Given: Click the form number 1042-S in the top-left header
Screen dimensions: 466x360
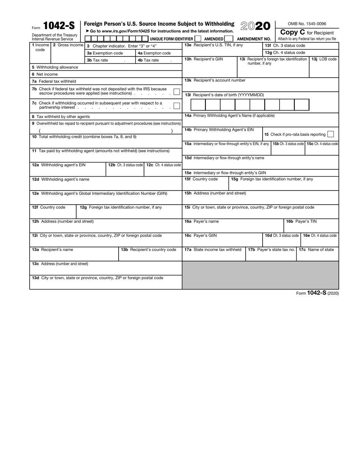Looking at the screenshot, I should pyautogui.click(x=59, y=26).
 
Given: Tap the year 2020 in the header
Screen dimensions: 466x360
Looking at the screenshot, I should pyautogui.click(x=255, y=26).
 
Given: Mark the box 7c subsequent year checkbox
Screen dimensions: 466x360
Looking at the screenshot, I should pyautogui.click(x=176, y=105).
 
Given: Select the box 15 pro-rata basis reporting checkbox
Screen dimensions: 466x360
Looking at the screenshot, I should pyautogui.click(x=330, y=134).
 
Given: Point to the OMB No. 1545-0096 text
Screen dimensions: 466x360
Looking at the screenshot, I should pyautogui.click(x=307, y=24).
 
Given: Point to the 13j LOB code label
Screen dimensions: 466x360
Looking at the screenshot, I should pyautogui.click(x=324, y=59).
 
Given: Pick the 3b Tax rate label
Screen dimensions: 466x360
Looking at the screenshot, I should pyautogui.click(x=97, y=60).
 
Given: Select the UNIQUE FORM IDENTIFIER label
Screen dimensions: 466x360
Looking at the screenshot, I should pyautogui.click(x=171, y=39).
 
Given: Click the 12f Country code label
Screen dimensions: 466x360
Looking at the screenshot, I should pyautogui.click(x=49, y=207).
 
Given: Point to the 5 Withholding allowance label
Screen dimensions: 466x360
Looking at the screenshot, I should pyautogui.click(x=55, y=67).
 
